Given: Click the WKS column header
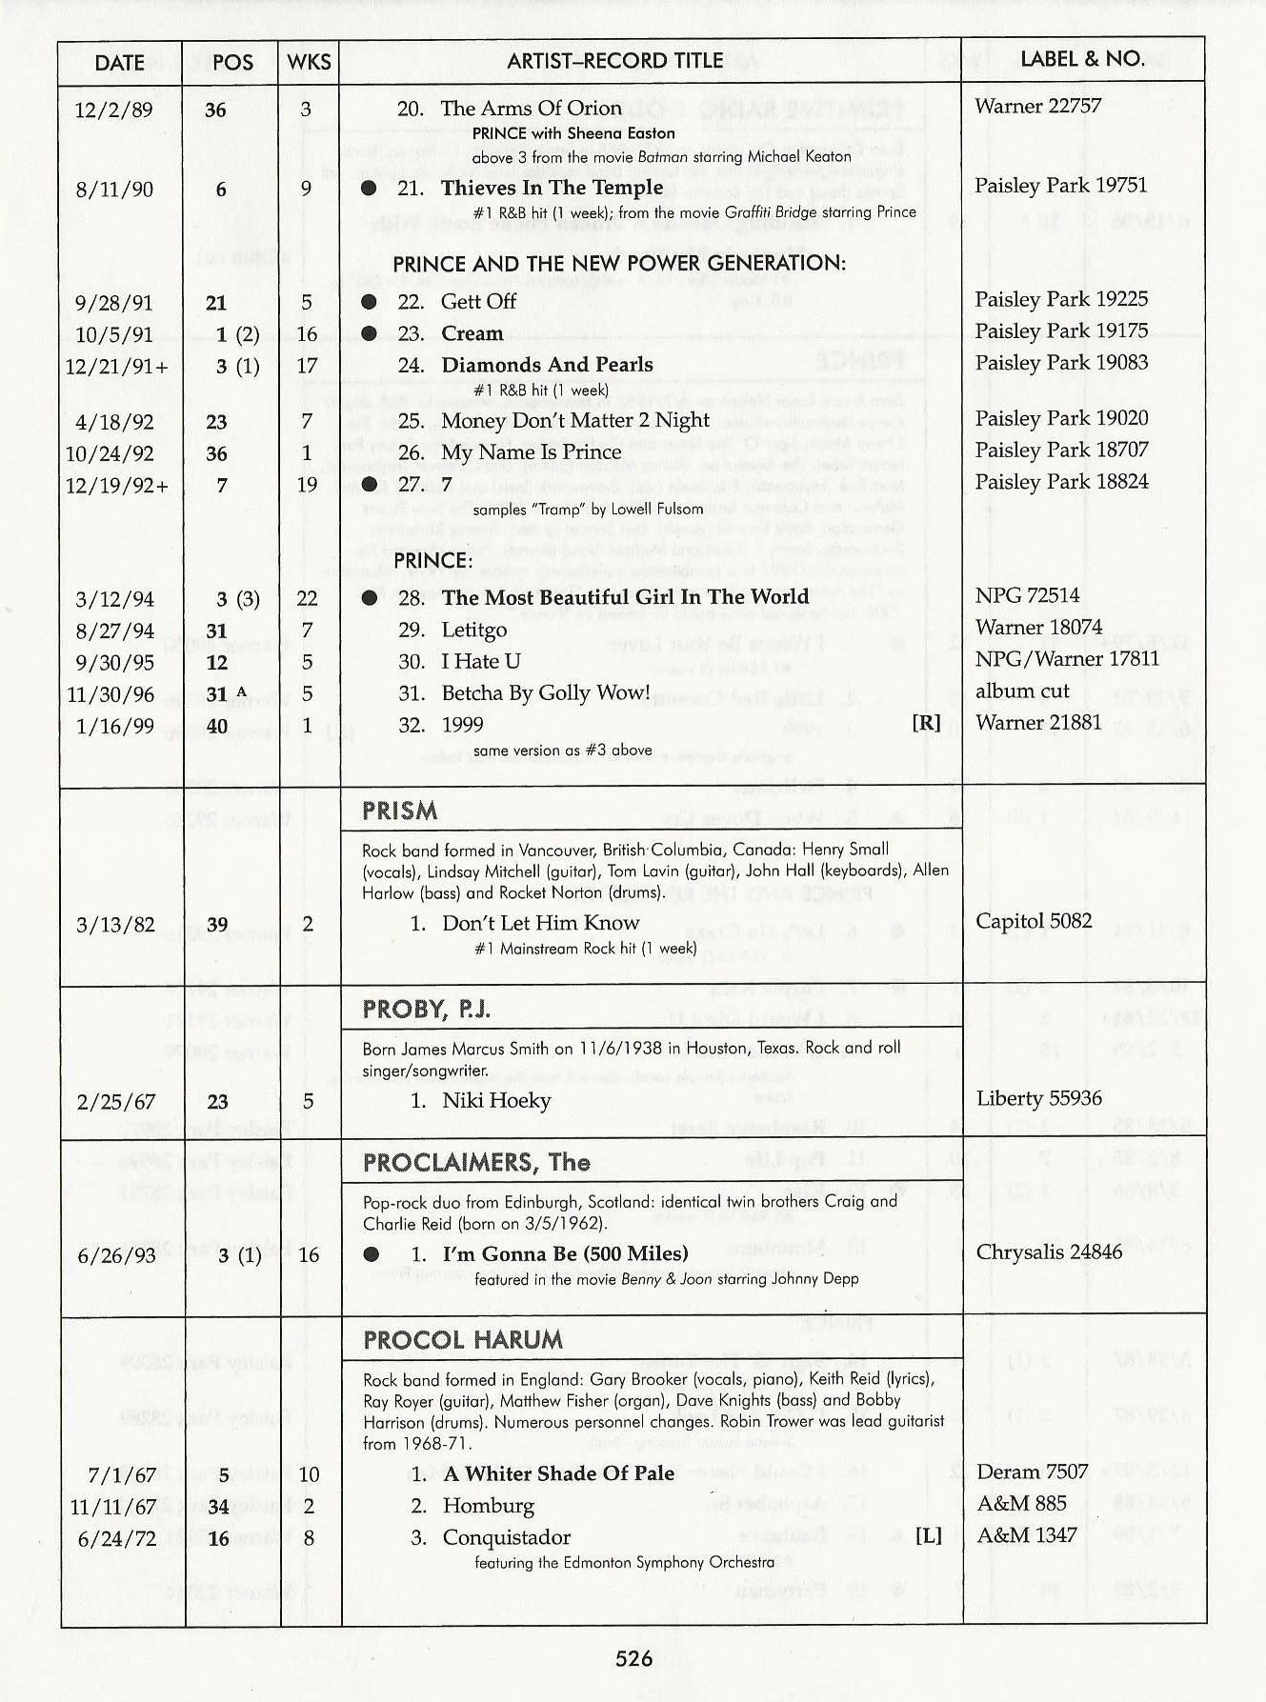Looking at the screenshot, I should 310,63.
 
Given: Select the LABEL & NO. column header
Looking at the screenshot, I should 1082,59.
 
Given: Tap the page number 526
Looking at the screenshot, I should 633,1658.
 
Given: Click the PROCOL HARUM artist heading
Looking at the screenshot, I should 463,1340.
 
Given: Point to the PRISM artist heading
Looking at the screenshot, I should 400,811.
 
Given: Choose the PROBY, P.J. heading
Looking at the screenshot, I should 427,1010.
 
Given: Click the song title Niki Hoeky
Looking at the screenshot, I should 496,1101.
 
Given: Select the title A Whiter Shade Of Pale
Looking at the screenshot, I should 558,1473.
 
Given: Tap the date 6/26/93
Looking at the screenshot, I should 116,1255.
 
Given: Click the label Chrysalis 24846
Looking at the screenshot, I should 1049,1251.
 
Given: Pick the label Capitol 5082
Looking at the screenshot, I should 1034,921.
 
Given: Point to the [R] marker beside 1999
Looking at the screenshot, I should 926,723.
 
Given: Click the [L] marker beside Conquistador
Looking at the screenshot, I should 929,1535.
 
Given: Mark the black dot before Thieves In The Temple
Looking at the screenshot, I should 370,189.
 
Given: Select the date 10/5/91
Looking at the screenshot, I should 114,334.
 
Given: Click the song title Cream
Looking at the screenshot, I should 472,333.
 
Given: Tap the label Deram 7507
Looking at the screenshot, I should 1032,1472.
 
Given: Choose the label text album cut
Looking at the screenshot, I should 1022,691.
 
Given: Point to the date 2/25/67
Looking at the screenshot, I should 116,1102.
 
